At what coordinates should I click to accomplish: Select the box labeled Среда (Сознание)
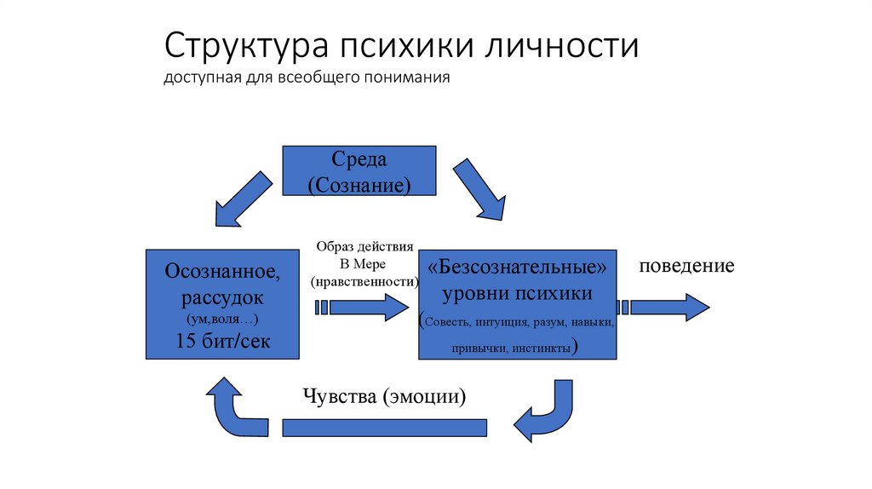359,171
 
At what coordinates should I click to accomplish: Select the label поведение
686,265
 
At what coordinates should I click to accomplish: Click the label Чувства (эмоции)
384,397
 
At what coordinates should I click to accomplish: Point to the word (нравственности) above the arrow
364,281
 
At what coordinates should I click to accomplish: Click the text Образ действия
364,247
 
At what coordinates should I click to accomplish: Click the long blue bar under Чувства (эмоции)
384,427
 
